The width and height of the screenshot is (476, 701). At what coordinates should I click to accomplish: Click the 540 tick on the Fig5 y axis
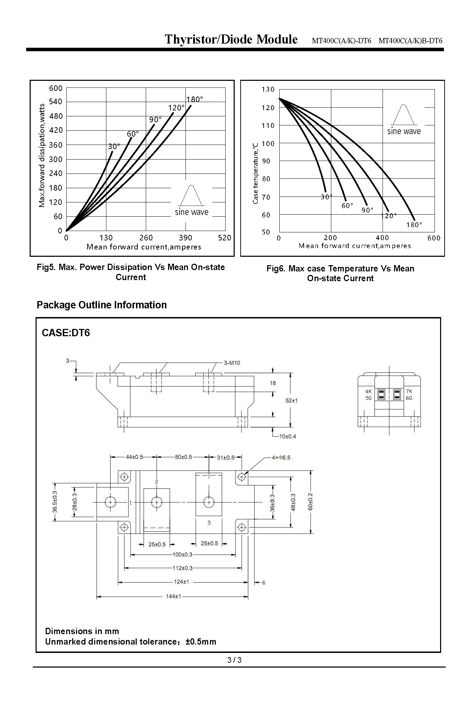pyautogui.click(x=55, y=102)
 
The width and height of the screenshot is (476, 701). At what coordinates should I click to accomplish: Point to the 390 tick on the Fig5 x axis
pyautogui.click(x=185, y=238)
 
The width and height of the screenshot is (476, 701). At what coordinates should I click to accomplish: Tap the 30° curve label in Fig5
pyautogui.click(x=114, y=147)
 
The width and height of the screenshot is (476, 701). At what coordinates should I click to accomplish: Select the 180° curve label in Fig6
pyautogui.click(x=414, y=225)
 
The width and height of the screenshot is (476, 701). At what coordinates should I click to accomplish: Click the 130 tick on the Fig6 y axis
pyautogui.click(x=268, y=90)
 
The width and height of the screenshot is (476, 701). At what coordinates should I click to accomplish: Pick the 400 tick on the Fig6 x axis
pyautogui.click(x=382, y=238)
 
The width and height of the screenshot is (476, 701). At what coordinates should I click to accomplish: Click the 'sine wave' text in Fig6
pyautogui.click(x=404, y=131)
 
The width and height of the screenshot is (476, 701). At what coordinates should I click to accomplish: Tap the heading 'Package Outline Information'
pyautogui.click(x=101, y=305)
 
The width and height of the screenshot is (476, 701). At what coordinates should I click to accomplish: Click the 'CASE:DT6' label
pyautogui.click(x=66, y=333)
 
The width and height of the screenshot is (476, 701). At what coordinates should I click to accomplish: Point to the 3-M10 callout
pyautogui.click(x=232, y=363)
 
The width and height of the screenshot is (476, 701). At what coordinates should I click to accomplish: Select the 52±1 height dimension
pyautogui.click(x=292, y=400)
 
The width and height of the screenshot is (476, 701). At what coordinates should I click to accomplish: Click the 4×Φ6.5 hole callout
pyautogui.click(x=281, y=457)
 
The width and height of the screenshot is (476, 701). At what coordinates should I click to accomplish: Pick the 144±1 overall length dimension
pyautogui.click(x=173, y=596)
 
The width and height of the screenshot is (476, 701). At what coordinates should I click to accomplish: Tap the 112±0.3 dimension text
pyautogui.click(x=182, y=568)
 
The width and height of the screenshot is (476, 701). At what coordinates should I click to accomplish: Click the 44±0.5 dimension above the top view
pyautogui.click(x=134, y=457)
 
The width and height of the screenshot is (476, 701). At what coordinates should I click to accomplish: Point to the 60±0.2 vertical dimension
pyautogui.click(x=310, y=502)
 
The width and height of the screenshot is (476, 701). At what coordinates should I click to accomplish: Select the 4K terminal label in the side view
pyautogui.click(x=368, y=391)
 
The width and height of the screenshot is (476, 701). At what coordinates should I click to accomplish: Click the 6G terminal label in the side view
pyautogui.click(x=409, y=398)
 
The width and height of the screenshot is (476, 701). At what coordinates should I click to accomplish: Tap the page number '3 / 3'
pyautogui.click(x=234, y=660)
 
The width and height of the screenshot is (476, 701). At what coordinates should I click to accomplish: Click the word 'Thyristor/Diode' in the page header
pyautogui.click(x=209, y=39)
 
